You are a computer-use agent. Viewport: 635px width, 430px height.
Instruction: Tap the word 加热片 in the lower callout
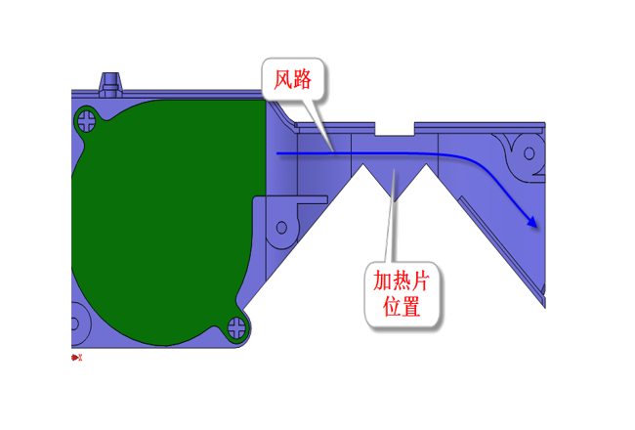(x=402, y=281)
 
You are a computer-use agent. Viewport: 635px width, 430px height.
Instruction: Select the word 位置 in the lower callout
(x=402, y=307)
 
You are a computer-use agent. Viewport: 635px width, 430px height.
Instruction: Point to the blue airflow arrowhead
(x=533, y=223)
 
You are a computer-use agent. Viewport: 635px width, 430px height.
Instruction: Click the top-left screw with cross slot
(x=88, y=121)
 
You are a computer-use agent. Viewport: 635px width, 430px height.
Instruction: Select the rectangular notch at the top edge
(x=395, y=128)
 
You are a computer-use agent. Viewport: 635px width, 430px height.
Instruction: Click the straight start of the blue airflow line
(x=293, y=153)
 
